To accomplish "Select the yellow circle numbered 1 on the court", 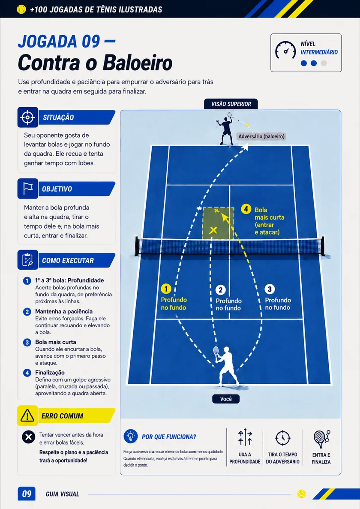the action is pyautogui.click(x=166, y=289).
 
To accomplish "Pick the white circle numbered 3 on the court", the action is pyautogui.click(x=270, y=289).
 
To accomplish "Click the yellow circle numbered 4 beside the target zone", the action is pyautogui.click(x=246, y=209).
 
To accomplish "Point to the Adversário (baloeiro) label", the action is pyautogui.click(x=261, y=136).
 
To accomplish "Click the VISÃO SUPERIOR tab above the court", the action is pyautogui.click(x=231, y=104).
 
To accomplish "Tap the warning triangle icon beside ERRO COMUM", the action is pyautogui.click(x=27, y=416).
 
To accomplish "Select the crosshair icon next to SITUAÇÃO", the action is pyautogui.click(x=27, y=117).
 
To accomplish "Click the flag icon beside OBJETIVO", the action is pyautogui.click(x=28, y=188).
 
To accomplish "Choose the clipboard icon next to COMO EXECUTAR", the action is pyautogui.click(x=27, y=260).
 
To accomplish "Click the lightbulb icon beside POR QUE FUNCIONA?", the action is pyautogui.click(x=131, y=436).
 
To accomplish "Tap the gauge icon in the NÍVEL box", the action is pyautogui.click(x=285, y=50).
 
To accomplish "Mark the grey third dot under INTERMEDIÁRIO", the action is pyautogui.click(x=324, y=63).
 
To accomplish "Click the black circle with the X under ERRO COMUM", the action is pyautogui.click(x=29, y=437).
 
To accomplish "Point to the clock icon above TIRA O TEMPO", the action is pyautogui.click(x=282, y=438).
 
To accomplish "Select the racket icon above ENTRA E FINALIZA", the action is pyautogui.click(x=321, y=439).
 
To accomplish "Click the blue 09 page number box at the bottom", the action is pyautogui.click(x=27, y=494).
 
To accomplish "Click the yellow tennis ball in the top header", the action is pyautogui.click(x=21, y=9).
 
